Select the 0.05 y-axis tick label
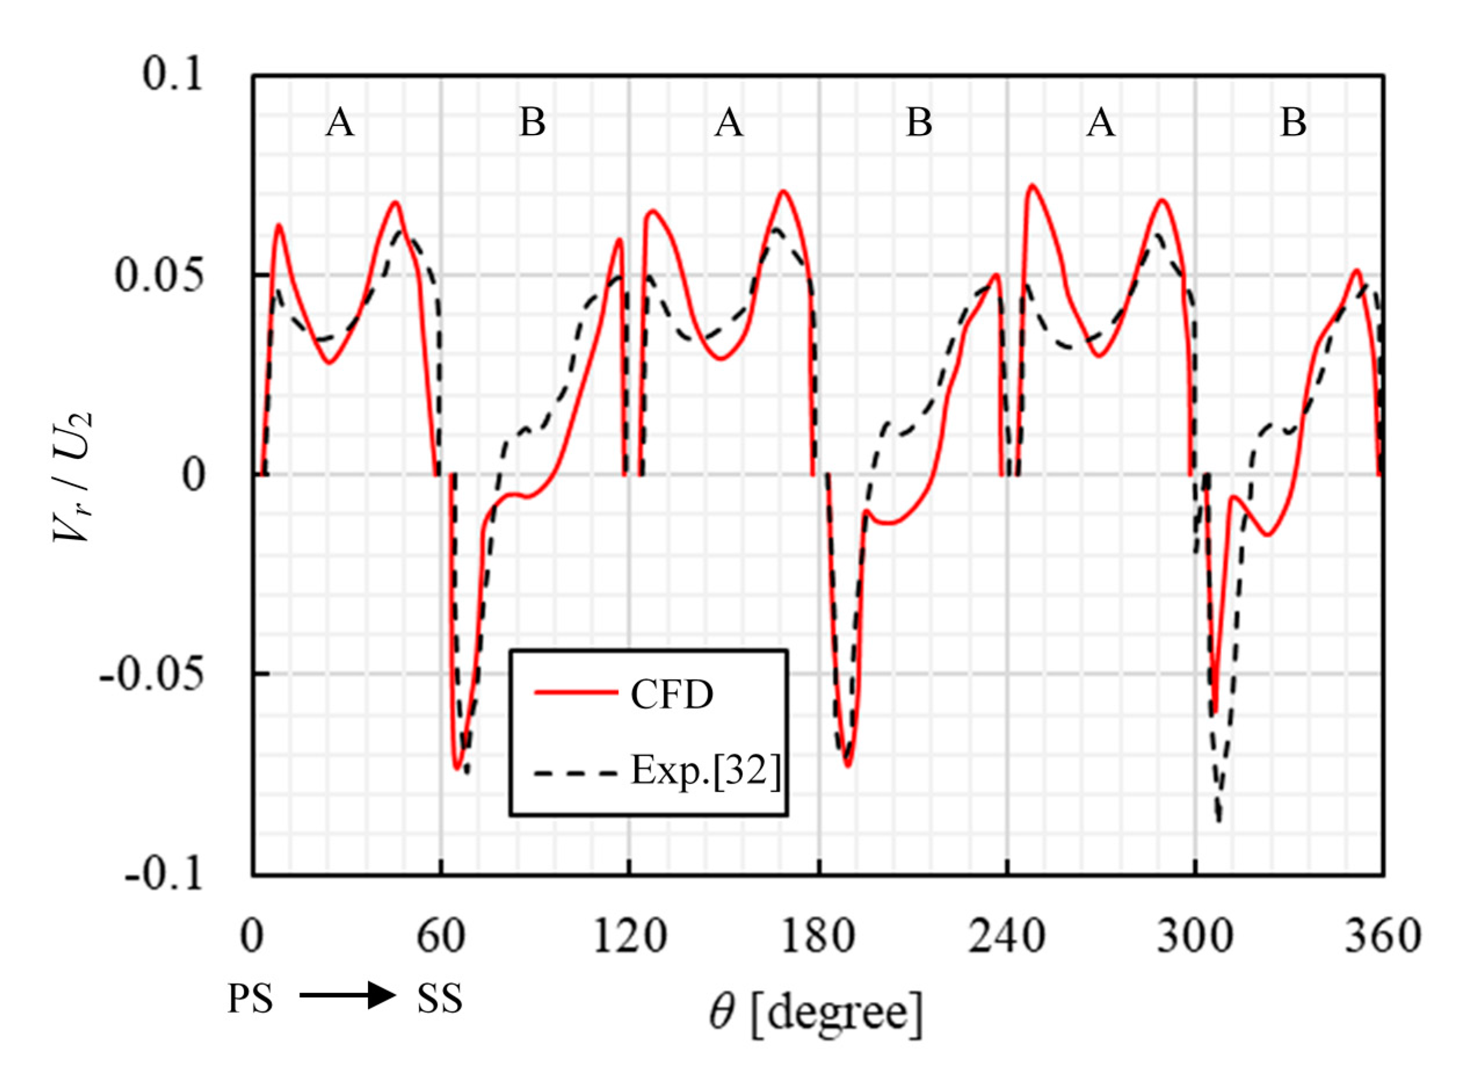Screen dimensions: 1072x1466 click(x=159, y=276)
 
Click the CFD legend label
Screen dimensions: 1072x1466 click(x=672, y=694)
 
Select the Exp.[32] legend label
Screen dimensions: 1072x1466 click(x=706, y=772)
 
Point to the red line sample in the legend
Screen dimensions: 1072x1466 click(x=576, y=693)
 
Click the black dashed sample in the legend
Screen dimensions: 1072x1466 click(x=576, y=773)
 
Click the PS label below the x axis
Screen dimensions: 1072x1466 click(x=251, y=998)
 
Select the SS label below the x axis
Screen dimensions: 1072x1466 click(x=440, y=998)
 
